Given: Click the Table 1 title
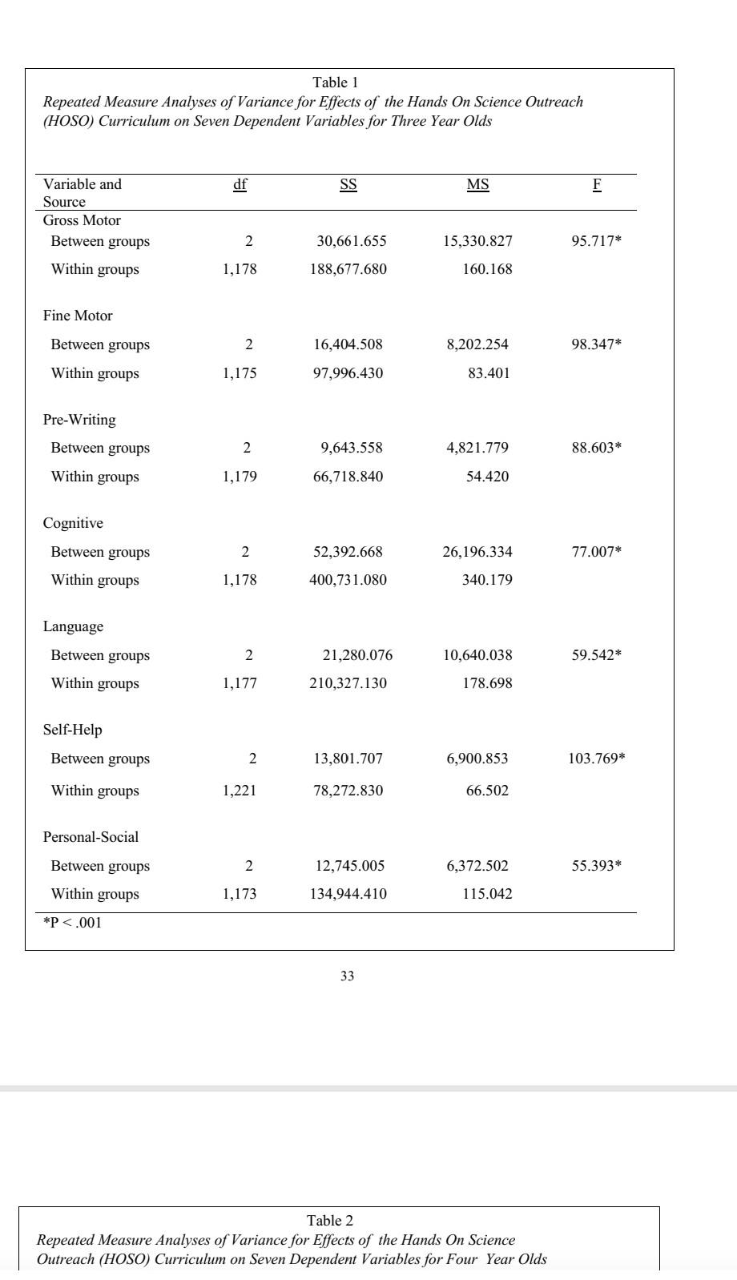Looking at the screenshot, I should [x=335, y=83].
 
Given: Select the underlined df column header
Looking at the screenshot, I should [x=240, y=185].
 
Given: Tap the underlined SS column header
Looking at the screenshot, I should [x=348, y=185].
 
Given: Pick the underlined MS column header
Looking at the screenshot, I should [x=477, y=185].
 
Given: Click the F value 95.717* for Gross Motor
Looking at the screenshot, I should [x=596, y=241].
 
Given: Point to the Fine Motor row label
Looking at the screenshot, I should [x=78, y=316].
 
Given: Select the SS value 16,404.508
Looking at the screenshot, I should [x=348, y=344].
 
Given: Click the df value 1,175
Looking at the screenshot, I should [x=240, y=373].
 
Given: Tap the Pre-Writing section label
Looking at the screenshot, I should [x=79, y=420].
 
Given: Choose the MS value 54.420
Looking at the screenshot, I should [x=487, y=477].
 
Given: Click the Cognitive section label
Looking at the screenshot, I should [x=73, y=523].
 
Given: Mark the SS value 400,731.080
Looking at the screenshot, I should [x=348, y=580].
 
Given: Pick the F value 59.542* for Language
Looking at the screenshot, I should [x=596, y=655].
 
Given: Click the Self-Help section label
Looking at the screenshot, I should [x=73, y=730].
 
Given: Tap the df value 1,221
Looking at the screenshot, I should [x=240, y=791].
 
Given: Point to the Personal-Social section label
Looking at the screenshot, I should [x=91, y=837].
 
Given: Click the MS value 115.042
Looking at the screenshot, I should [x=487, y=894].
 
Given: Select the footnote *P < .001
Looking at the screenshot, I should [x=73, y=923].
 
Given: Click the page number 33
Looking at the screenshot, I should [x=347, y=976].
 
